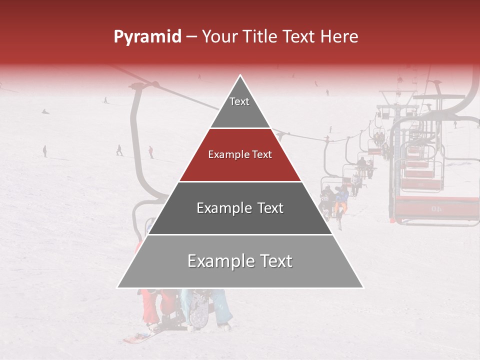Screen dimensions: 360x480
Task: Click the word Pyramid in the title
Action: click(x=147, y=37)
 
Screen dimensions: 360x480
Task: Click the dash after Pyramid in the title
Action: click(x=191, y=37)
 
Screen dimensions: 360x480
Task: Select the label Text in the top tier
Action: click(x=239, y=101)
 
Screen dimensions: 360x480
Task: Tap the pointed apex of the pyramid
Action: click(x=240, y=76)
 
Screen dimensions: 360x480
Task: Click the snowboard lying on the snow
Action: click(x=136, y=338)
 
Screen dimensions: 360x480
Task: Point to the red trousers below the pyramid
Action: click(x=149, y=306)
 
